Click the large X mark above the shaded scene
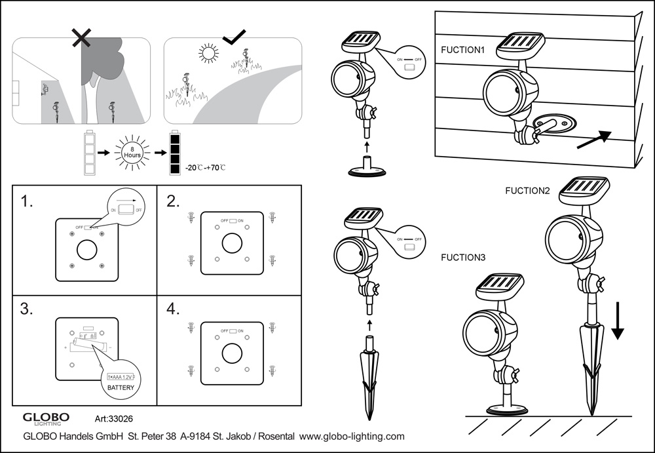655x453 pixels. (x=81, y=37)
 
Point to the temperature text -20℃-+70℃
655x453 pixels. (x=207, y=168)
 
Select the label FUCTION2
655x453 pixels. (x=528, y=191)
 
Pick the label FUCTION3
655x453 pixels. (x=463, y=258)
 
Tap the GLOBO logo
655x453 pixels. (x=46, y=418)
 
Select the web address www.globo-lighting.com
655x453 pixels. (x=352, y=435)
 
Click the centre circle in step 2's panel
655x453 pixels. (x=231, y=243)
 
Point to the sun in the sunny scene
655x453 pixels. (x=208, y=52)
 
